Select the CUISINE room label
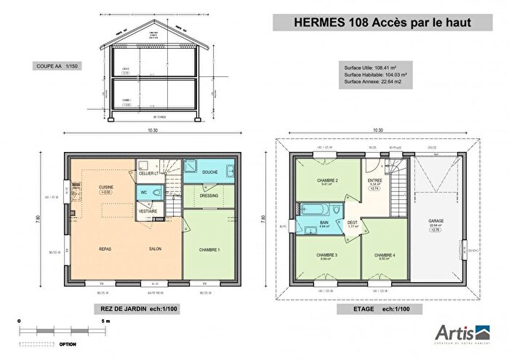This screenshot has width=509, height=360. [x=105, y=187]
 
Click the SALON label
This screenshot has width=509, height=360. [x=155, y=248]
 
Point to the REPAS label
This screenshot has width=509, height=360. [x=105, y=248]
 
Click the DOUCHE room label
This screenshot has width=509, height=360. [x=209, y=172]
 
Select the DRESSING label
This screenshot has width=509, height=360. [x=210, y=195]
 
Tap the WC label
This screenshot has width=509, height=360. [x=143, y=193]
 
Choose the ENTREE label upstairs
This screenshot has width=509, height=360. [x=375, y=180]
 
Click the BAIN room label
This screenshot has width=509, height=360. [x=325, y=223]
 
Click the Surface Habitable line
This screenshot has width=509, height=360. [x=375, y=73]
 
